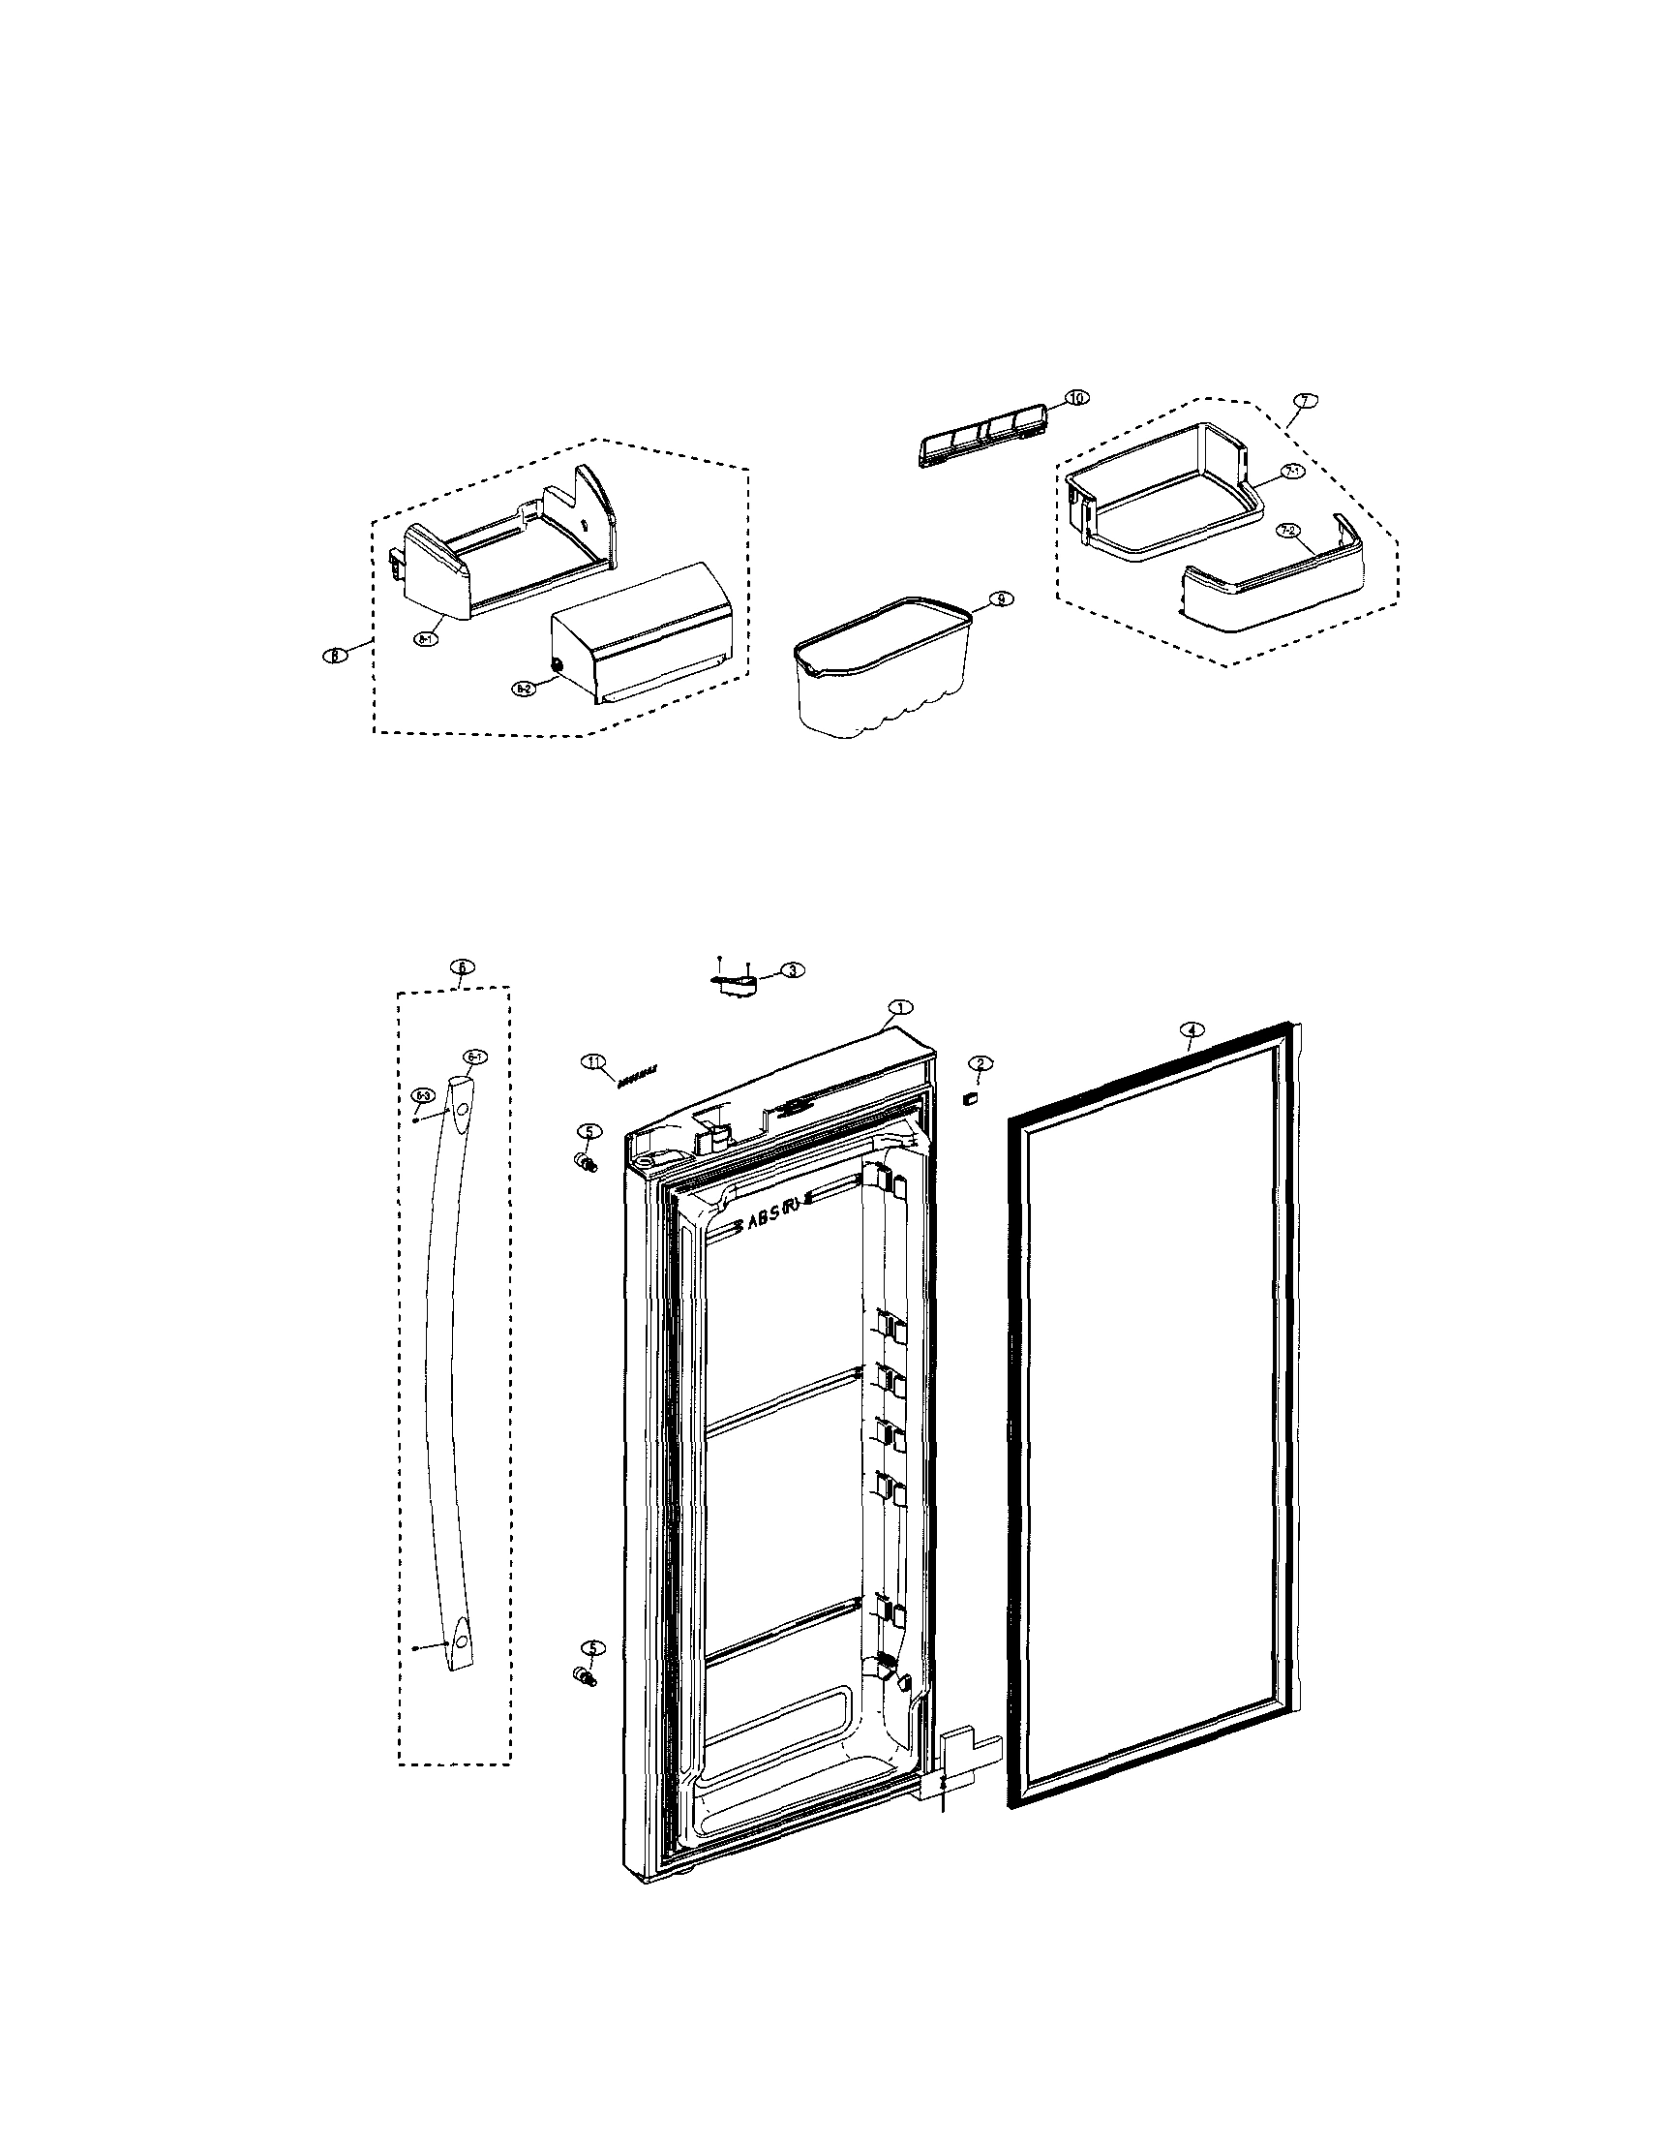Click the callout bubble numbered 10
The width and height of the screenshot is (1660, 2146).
pyautogui.click(x=1076, y=398)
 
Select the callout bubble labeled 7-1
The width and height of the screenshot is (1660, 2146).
pyautogui.click(x=1293, y=472)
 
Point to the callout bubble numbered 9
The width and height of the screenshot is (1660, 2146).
pyautogui.click(x=1000, y=598)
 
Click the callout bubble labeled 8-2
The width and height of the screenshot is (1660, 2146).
pyautogui.click(x=523, y=690)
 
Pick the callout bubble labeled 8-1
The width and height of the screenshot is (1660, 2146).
pyautogui.click(x=426, y=639)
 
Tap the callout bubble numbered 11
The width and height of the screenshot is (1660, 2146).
pyautogui.click(x=593, y=1061)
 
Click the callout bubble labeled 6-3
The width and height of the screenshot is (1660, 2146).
pyautogui.click(x=423, y=1094)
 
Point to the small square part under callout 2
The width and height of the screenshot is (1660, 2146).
pyautogui.click(x=971, y=1099)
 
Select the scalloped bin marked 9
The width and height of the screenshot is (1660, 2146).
pyautogui.click(x=881, y=673)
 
